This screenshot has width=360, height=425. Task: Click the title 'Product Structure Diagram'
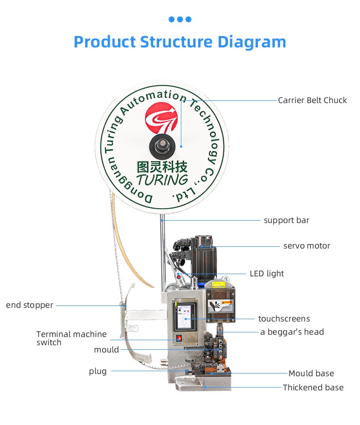(180, 42)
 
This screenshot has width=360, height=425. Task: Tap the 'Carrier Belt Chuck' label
(312, 100)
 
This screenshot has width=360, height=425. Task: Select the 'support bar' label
(286, 220)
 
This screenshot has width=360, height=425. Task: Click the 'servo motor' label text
(307, 246)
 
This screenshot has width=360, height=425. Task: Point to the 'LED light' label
(267, 274)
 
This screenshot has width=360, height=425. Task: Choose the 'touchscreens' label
(284, 319)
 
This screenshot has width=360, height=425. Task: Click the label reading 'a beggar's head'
(292, 332)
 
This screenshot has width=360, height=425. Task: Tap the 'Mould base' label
(311, 373)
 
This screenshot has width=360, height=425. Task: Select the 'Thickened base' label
(313, 388)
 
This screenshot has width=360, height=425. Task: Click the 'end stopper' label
(30, 305)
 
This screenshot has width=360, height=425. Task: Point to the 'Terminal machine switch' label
(72, 338)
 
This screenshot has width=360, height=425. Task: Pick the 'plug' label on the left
(98, 371)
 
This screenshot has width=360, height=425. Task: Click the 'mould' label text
(106, 350)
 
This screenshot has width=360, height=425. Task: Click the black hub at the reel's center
(163, 146)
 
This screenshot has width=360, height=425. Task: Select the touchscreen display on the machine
(185, 316)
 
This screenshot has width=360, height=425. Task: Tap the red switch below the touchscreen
(179, 338)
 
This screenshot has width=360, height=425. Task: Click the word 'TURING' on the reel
(162, 179)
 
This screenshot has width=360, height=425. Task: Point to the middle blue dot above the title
(180, 19)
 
